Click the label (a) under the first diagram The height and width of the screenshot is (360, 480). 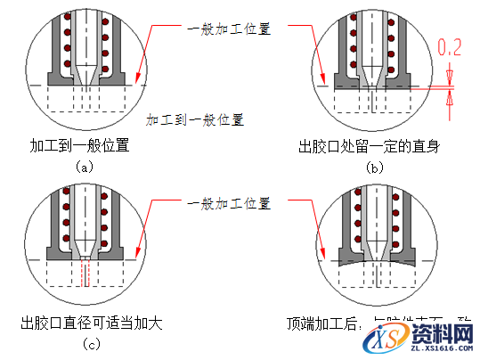click(x=84, y=166)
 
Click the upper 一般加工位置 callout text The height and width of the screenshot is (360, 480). click(x=229, y=28)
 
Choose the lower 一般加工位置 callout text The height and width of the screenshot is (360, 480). click(x=229, y=204)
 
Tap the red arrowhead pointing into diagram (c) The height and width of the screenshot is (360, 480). click(x=136, y=258)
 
